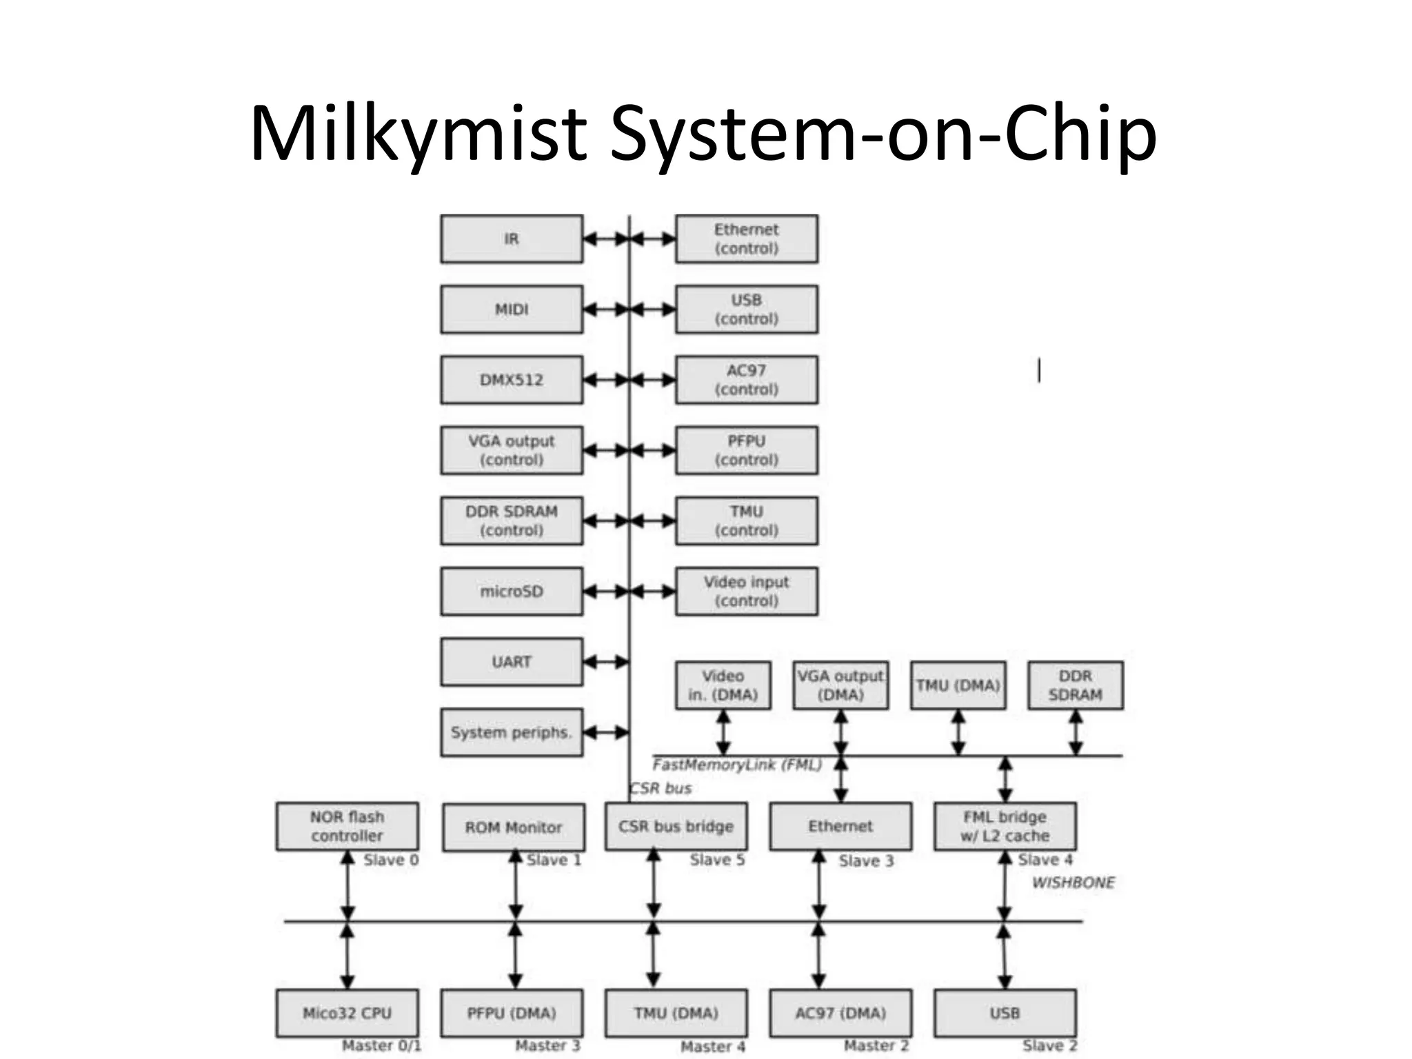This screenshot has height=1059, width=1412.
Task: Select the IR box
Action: coord(512,239)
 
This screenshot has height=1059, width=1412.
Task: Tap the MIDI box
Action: coord(512,310)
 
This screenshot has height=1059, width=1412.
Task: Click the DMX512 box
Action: coord(512,380)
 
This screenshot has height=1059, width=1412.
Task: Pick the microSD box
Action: coord(512,592)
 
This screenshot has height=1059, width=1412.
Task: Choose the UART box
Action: coord(512,662)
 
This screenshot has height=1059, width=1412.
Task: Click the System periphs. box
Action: coord(512,732)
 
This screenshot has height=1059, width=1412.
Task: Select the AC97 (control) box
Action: coord(747,380)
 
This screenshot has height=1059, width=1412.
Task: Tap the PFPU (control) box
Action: coord(747,450)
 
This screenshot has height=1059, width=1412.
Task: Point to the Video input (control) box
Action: coord(747,592)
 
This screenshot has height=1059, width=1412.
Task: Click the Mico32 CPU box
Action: coord(347,1013)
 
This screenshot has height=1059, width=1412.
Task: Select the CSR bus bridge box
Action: coord(676,826)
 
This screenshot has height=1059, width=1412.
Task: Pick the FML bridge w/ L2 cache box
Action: coord(1005,826)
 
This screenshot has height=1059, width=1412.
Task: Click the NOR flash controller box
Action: coord(347,826)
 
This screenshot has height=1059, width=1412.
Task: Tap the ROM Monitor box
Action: coord(514,827)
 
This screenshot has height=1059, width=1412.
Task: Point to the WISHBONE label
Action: coord(1073,882)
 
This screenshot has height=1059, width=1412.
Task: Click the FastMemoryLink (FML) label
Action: coord(737,765)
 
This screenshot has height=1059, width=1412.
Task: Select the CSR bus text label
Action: coord(660,788)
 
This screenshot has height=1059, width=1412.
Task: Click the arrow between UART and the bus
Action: coord(606,662)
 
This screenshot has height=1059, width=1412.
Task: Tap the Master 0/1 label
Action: coord(381,1046)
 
